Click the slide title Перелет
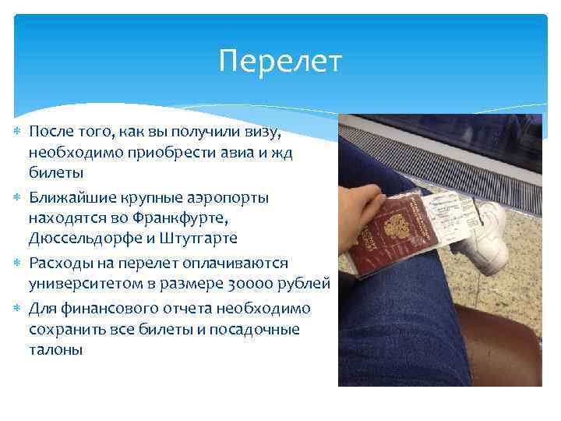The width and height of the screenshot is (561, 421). pos(280,62)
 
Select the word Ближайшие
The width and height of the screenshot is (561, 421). pos(70,197)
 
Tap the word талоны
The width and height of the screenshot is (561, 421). pos(55,350)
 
